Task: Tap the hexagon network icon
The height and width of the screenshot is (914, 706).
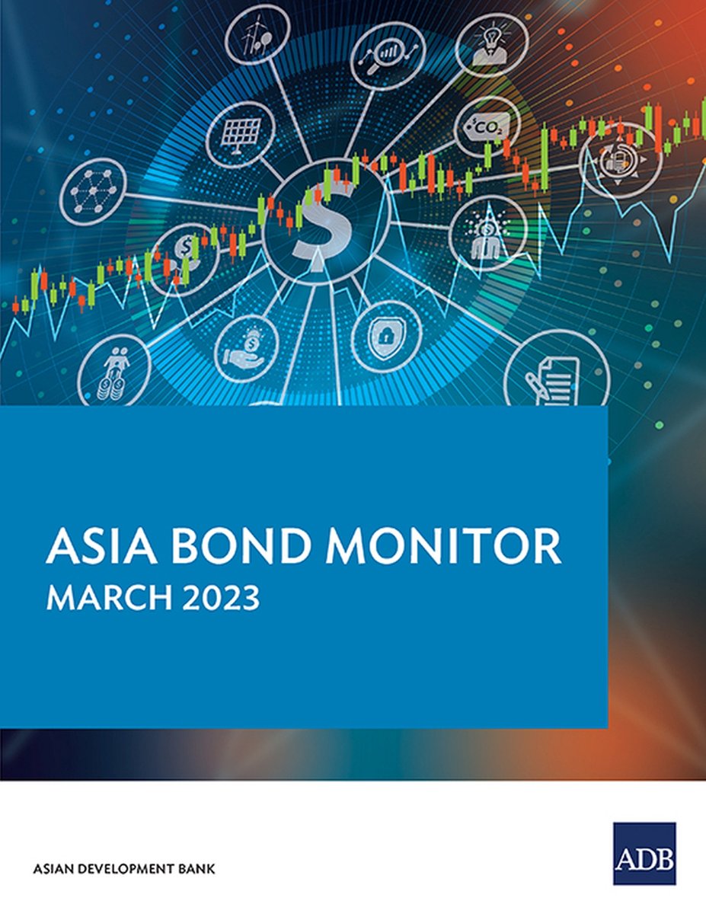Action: tap(93, 191)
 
